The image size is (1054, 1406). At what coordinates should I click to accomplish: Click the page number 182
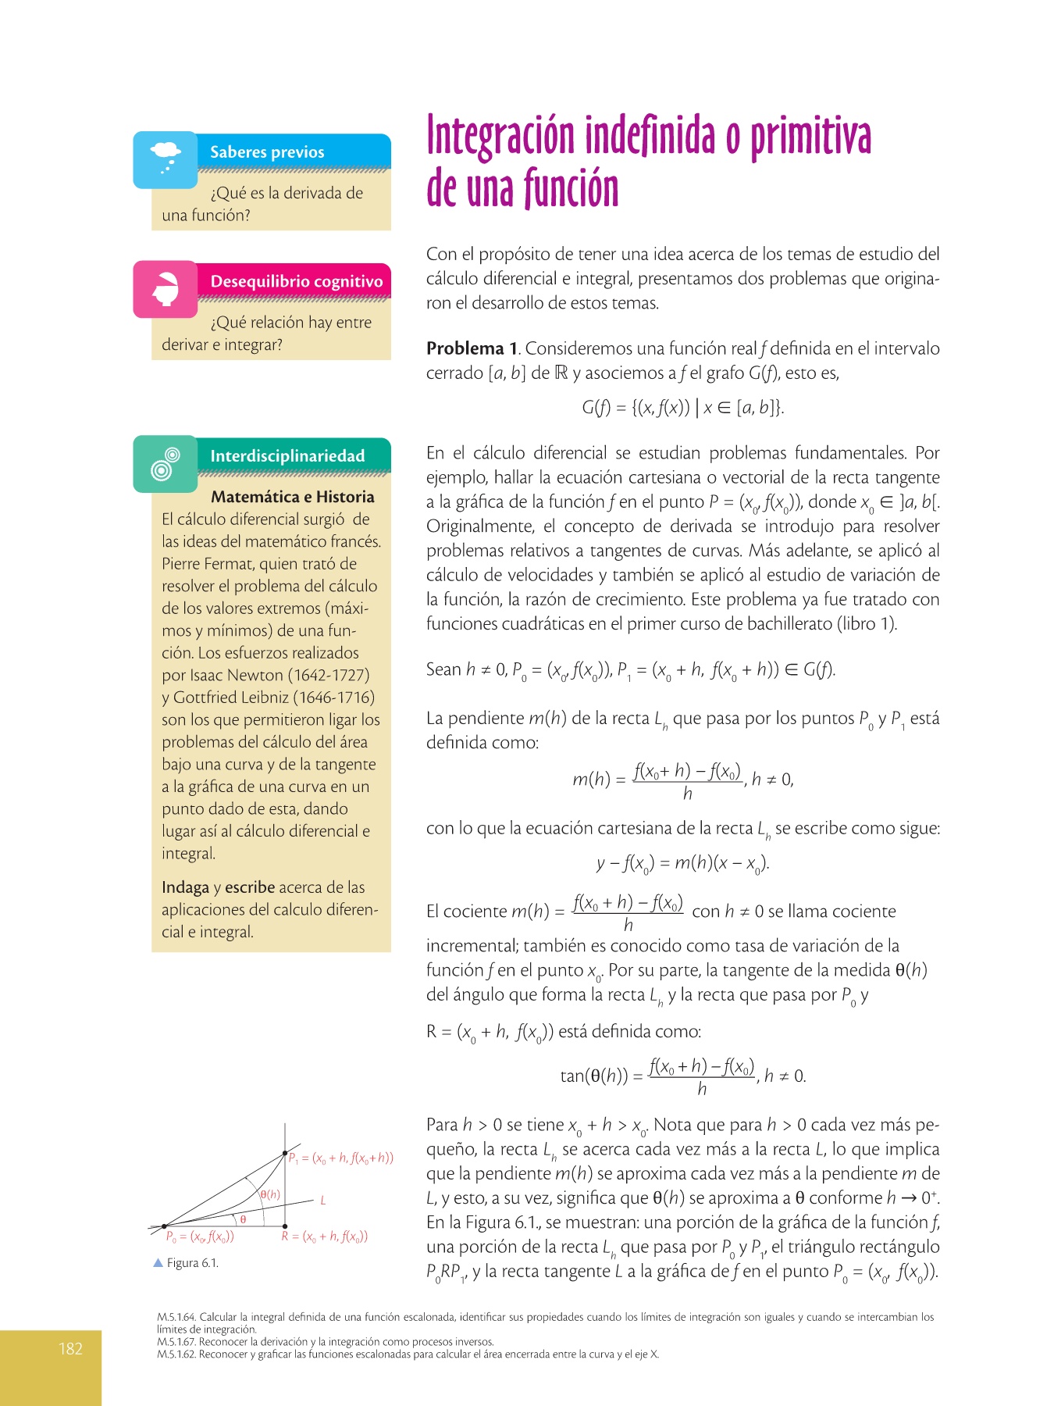pos(70,1348)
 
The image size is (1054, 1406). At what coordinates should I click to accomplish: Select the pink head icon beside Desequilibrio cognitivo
pos(166,289)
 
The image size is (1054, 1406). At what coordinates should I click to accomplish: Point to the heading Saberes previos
pos(267,152)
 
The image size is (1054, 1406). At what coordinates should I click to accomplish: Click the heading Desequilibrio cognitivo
pos(296,281)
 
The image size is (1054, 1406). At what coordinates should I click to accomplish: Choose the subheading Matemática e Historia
pos(292,497)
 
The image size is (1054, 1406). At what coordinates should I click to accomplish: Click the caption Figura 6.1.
pos(192,1263)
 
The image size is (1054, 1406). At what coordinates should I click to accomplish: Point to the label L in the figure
pos(323,1201)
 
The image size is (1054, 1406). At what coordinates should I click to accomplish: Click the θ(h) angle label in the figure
pos(270,1194)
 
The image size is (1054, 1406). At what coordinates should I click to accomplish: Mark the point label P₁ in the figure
pos(294,1158)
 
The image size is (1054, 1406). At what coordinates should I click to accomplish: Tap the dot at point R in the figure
pos(285,1226)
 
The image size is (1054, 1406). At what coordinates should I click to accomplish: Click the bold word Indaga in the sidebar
pos(185,887)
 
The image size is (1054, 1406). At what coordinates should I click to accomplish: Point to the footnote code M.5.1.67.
pos(176,1342)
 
